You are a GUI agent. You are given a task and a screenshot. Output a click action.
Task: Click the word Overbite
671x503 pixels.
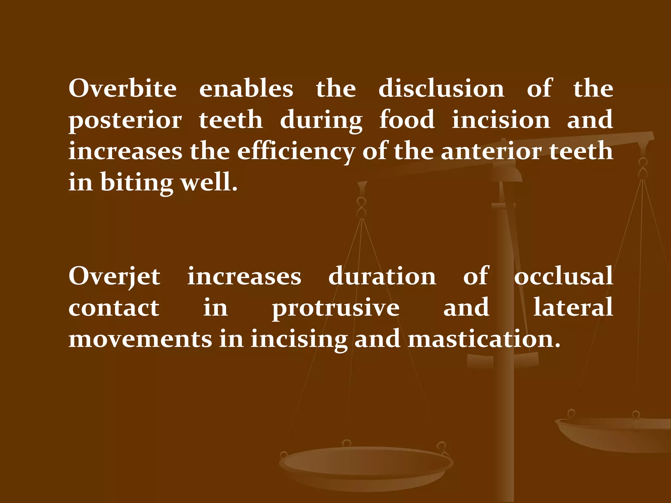[x=123, y=88]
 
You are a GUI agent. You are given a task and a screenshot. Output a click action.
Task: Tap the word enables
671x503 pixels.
[x=246, y=88]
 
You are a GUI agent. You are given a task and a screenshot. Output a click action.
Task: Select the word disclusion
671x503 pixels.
[x=441, y=88]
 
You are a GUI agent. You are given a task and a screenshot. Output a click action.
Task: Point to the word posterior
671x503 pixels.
[x=125, y=121]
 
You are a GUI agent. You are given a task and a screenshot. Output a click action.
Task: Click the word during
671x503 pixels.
[x=321, y=121]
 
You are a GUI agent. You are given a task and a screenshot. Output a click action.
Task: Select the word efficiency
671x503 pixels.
[x=296, y=151]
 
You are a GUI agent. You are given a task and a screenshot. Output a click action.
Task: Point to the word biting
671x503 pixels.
[x=136, y=183]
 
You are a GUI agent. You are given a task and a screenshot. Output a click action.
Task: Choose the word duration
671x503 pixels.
[x=382, y=276]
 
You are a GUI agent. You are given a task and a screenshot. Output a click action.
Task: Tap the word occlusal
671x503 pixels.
[x=563, y=276]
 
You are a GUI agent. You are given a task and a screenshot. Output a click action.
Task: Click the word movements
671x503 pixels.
[x=140, y=339]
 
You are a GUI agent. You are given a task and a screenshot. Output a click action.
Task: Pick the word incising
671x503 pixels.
[x=299, y=339]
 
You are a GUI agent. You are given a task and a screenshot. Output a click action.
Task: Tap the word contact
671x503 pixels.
[x=114, y=308]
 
